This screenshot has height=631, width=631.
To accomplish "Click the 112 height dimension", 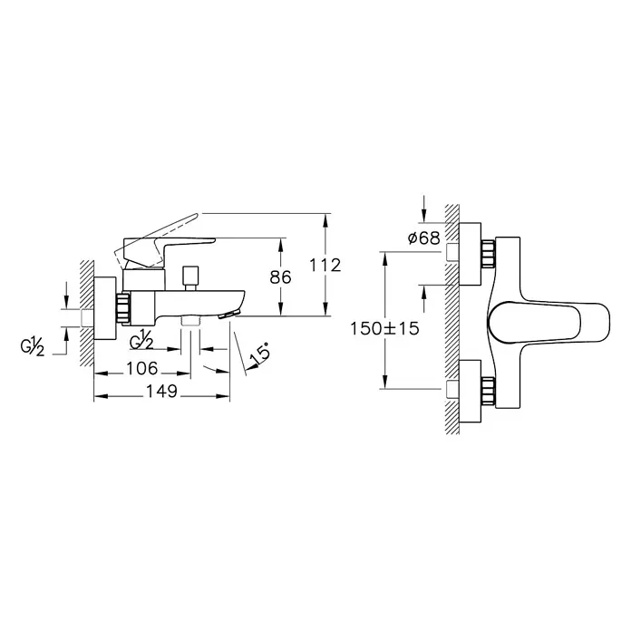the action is tap(325, 266).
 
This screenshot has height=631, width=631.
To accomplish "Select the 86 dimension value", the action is tap(280, 277).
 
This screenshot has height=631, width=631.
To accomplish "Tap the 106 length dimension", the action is tap(142, 368).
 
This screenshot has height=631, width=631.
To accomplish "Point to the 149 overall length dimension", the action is tap(161, 391).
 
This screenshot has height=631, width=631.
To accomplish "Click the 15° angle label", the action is tap(258, 353).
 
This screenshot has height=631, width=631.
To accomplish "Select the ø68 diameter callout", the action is tap(424, 238).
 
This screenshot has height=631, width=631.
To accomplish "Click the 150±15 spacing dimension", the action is tap(384, 328).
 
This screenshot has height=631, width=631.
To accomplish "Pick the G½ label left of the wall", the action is tap(33, 347).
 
